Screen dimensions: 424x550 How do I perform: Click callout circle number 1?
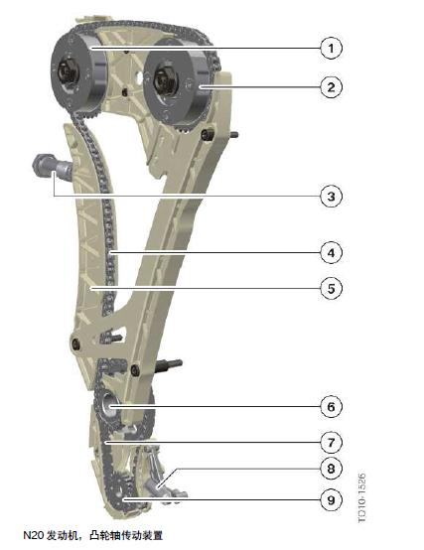coord(331,48)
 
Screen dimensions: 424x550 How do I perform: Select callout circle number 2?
coord(331,87)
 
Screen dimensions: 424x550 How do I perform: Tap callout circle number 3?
coord(331,197)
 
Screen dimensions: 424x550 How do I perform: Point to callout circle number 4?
coord(331,252)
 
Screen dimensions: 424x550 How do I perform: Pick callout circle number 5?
coord(331,289)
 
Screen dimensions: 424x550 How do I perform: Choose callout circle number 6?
coord(331,407)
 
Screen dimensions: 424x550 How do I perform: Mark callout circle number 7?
coord(331,443)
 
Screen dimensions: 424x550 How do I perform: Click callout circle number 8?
coord(331,469)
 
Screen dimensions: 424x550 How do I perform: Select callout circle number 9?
coord(331,499)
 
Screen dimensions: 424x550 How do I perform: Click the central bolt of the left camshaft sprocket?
coord(67,71)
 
